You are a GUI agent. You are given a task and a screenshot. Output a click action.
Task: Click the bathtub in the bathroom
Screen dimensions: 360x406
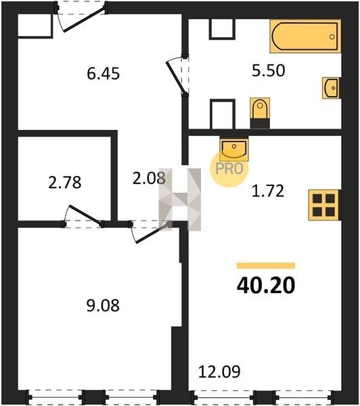coord(305,37)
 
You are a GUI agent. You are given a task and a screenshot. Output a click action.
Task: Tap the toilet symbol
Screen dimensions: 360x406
coord(260,113)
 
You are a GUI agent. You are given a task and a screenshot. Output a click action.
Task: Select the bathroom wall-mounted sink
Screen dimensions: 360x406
coord(332,88)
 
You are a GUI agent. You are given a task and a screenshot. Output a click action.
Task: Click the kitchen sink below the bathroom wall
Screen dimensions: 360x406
coord(234,149)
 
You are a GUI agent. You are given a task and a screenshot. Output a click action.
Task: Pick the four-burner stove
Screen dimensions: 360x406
coord(324,205)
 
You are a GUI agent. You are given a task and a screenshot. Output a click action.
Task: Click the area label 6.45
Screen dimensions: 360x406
coord(103,73)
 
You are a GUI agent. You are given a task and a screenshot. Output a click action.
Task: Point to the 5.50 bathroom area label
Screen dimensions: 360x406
coord(269,70)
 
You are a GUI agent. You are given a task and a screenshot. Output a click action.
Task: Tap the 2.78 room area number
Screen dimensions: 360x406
coord(65,182)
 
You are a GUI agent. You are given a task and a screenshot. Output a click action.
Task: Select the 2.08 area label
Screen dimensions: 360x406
coord(149,179)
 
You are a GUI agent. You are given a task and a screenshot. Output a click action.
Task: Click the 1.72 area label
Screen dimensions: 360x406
coord(268,191)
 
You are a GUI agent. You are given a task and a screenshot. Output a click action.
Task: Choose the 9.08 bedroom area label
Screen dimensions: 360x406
coord(103,305)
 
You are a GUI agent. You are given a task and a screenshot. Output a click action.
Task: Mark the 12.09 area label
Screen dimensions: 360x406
coord(219,371)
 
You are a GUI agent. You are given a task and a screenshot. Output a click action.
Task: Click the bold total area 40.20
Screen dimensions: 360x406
coord(266,286)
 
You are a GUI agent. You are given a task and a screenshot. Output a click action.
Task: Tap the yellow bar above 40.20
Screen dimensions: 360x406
coord(266,266)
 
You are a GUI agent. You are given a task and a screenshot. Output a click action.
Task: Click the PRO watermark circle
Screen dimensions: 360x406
coord(229,168)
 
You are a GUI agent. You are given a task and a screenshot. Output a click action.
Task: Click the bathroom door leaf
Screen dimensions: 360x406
coord(176,77)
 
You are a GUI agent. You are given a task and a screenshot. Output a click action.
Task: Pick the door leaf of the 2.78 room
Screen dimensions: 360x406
coord(85,215)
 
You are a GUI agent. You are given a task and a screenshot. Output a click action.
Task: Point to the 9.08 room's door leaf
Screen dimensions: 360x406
coord(152,233)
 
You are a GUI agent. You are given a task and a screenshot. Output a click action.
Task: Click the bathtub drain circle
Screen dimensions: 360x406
coord(332,37)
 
